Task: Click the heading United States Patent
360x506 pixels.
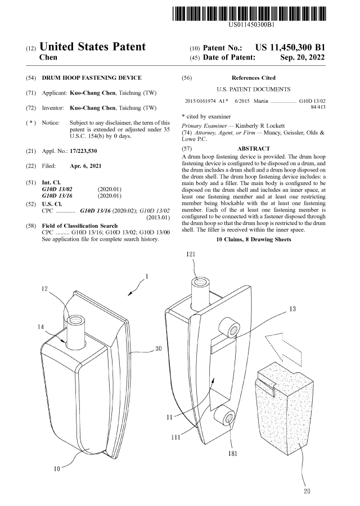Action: click(93, 47)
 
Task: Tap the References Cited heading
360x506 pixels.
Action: click(254, 78)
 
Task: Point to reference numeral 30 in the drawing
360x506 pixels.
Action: click(159, 349)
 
